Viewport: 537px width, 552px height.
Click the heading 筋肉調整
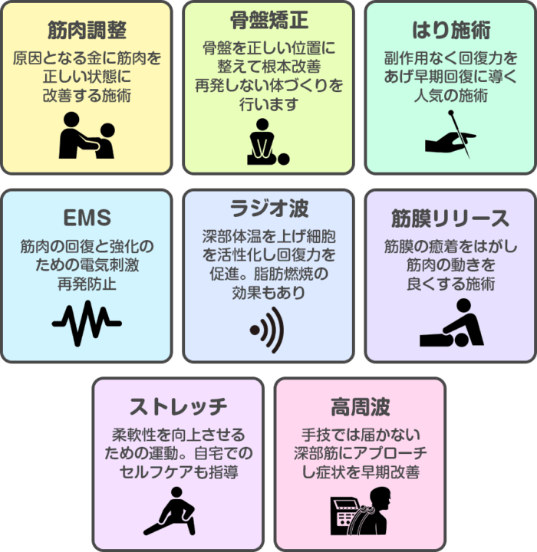(x=87, y=30)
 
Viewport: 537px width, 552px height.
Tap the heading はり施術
(x=450, y=30)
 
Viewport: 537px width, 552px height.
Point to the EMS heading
(x=87, y=217)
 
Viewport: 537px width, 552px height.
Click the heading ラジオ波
(x=268, y=207)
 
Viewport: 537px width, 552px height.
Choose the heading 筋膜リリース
(x=450, y=217)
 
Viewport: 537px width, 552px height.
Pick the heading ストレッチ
(x=178, y=406)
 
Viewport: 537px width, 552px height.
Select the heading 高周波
(x=360, y=406)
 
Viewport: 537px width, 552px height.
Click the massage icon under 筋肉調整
(x=87, y=136)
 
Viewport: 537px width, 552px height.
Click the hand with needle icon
(x=450, y=135)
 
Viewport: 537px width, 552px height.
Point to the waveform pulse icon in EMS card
(x=87, y=323)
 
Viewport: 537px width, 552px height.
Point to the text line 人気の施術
(x=450, y=97)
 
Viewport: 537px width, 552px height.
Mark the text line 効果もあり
(x=268, y=293)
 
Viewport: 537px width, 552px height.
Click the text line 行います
(x=268, y=104)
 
